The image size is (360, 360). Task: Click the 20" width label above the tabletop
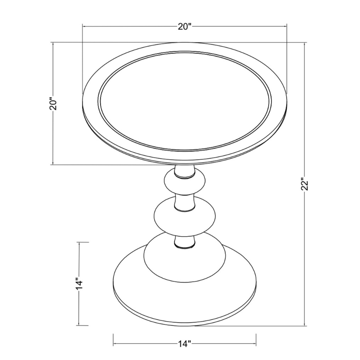(x=185, y=27)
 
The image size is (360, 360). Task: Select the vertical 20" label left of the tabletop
(x=53, y=104)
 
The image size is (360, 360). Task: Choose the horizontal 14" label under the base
(x=184, y=344)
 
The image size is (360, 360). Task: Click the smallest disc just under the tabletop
(x=185, y=183)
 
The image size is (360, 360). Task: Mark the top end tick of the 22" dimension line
(x=305, y=42)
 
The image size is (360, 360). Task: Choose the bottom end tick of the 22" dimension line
(x=305, y=326)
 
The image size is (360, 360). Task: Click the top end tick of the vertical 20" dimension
(x=53, y=42)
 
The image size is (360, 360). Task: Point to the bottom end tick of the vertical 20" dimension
(x=53, y=165)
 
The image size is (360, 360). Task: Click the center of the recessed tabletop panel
(x=185, y=101)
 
